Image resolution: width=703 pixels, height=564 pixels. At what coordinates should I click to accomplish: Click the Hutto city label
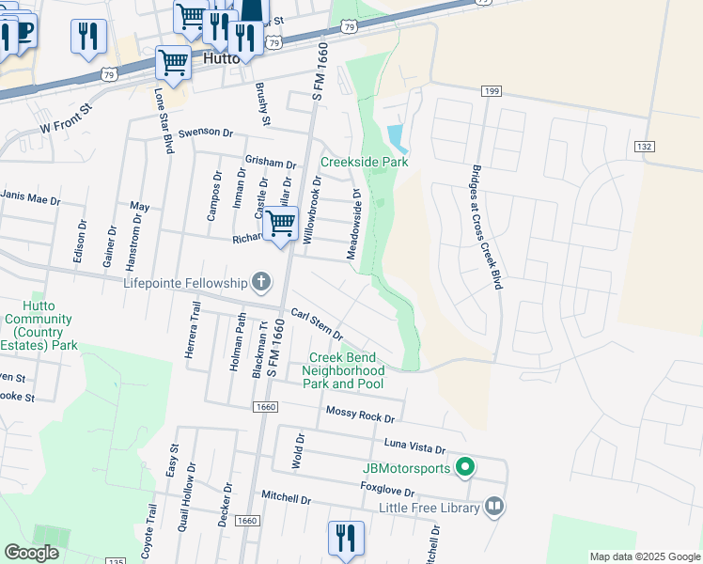218,58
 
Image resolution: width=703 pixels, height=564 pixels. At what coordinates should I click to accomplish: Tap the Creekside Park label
364,162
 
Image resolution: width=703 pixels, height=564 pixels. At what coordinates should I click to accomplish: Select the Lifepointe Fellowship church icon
261,282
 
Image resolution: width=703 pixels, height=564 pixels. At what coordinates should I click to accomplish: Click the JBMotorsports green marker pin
464,466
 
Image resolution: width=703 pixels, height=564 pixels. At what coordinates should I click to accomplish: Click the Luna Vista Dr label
414,443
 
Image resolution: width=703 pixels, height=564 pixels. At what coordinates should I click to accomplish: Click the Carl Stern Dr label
317,324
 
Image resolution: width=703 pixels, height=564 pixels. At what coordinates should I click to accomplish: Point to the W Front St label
69,118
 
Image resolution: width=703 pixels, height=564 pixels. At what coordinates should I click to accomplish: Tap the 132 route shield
644,147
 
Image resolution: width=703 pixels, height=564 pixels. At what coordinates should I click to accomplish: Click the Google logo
31,553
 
